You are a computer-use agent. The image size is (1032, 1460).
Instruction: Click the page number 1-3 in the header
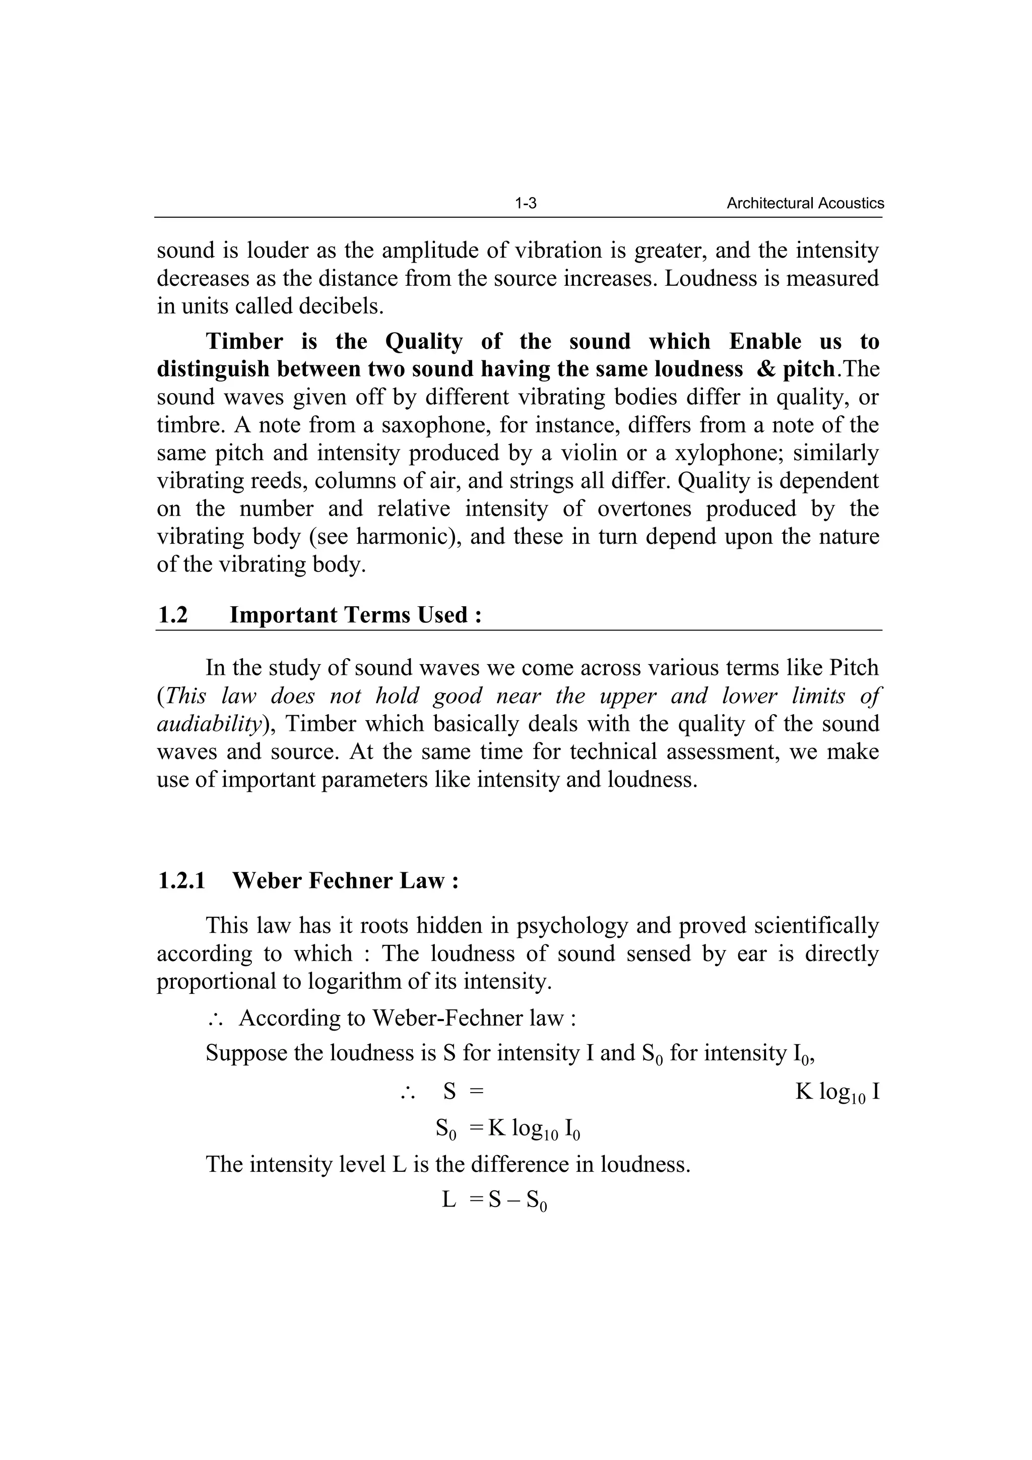[525, 204]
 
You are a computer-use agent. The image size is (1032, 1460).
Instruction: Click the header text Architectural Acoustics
[805, 204]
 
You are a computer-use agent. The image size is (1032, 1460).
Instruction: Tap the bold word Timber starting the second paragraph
[245, 342]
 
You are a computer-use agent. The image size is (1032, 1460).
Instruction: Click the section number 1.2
[172, 615]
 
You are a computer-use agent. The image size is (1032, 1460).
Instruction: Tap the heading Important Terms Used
[355, 615]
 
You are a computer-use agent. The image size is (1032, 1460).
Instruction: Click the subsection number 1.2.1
[181, 881]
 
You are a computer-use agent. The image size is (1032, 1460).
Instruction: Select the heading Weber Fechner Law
[345, 881]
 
